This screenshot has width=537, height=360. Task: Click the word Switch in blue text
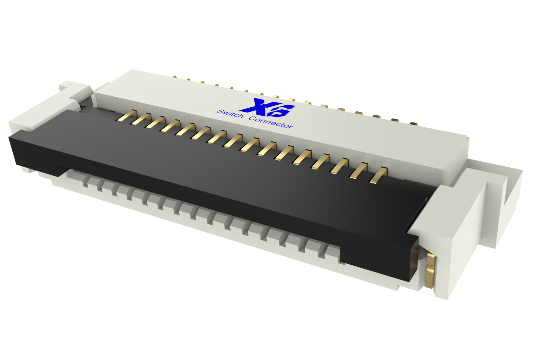(x=230, y=114)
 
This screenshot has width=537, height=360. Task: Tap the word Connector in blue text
(x=271, y=122)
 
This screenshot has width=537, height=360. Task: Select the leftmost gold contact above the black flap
(x=127, y=115)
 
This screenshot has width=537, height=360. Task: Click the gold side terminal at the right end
(x=430, y=271)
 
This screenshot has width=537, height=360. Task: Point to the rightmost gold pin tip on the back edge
(x=413, y=123)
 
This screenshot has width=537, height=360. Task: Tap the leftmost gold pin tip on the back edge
(x=174, y=76)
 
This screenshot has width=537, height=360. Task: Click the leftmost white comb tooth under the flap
(x=85, y=181)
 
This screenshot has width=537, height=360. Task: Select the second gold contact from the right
(x=359, y=170)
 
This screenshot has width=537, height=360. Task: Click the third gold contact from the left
(x=156, y=122)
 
